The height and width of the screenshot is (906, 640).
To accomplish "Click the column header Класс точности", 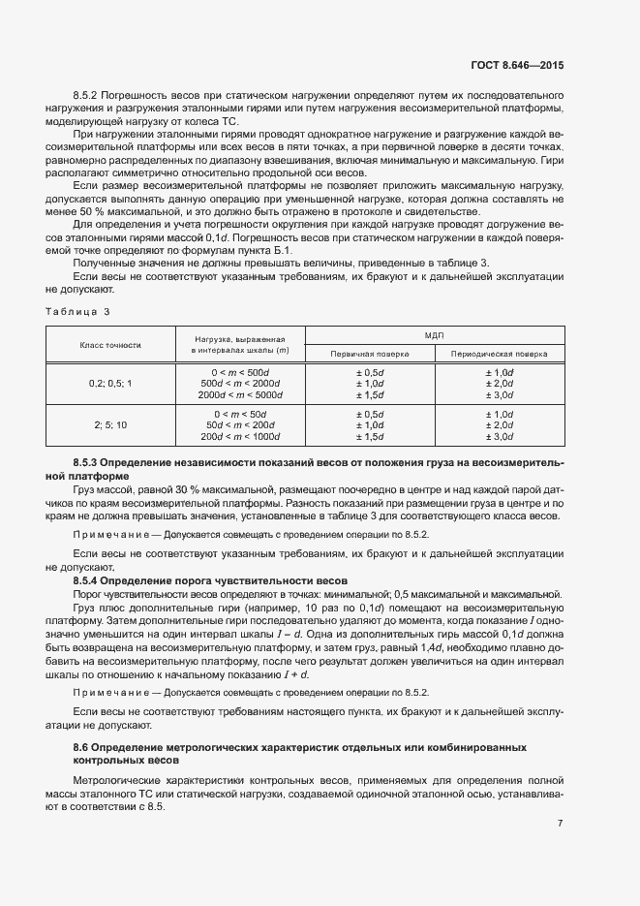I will (x=110, y=344).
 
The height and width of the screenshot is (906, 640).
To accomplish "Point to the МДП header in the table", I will (x=434, y=334).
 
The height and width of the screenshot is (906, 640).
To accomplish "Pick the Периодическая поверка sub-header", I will (x=498, y=354).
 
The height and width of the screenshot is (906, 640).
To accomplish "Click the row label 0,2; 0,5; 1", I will (x=110, y=384).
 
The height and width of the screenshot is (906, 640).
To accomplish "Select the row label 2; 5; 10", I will (x=110, y=425).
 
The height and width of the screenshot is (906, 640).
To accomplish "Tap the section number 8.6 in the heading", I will (x=81, y=748).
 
